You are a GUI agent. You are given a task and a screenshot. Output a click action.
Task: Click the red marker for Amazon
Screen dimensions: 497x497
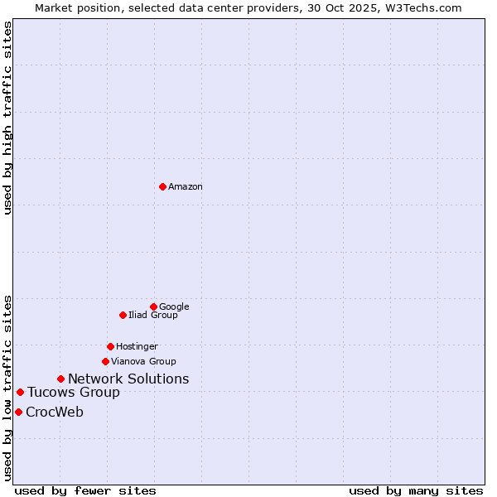(162, 186)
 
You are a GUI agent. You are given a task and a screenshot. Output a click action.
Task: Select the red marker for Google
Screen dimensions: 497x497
(153, 306)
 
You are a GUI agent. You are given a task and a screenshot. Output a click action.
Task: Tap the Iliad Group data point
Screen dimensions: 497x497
(123, 315)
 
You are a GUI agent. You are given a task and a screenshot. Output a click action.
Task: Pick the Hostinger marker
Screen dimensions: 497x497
(110, 346)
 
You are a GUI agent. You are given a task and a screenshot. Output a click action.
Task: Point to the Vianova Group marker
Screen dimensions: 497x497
(105, 361)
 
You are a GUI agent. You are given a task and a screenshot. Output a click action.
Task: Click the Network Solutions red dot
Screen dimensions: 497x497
(60, 379)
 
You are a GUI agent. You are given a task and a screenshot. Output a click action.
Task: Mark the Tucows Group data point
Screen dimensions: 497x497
(20, 392)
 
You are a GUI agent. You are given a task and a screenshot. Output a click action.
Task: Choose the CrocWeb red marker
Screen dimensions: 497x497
(18, 412)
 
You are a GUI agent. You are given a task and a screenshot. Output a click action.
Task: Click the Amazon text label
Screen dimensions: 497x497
(186, 187)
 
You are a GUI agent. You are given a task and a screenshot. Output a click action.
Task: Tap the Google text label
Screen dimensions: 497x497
(174, 307)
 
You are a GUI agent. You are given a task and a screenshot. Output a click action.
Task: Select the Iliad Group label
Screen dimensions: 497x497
(153, 316)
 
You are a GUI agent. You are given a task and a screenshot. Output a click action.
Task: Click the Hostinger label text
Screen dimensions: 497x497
(137, 347)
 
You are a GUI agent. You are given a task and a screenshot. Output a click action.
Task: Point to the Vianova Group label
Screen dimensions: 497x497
(143, 362)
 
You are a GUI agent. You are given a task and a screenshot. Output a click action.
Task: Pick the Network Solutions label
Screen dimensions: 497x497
(128, 379)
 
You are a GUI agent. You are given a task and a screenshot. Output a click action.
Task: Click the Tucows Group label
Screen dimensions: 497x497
(74, 393)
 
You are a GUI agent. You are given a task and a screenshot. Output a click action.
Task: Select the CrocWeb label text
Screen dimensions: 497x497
(55, 413)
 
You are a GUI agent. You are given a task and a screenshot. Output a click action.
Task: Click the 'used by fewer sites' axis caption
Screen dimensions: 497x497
(85, 490)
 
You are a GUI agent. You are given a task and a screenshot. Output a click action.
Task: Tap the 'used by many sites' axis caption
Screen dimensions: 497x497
(416, 490)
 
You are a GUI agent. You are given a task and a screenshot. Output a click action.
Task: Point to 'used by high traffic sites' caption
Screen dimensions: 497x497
(8, 118)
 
